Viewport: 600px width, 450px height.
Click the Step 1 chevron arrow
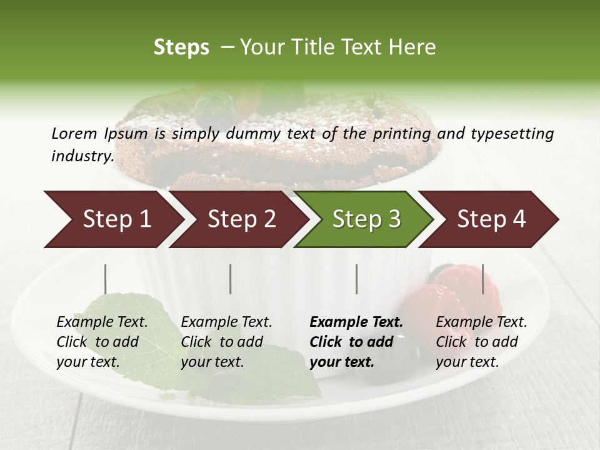coord(112,219)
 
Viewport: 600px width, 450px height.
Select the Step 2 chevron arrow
coord(238,219)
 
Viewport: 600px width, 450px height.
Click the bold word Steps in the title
coord(181,47)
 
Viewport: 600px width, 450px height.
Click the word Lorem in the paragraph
coord(74,134)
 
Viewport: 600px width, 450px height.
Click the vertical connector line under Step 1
coord(106,279)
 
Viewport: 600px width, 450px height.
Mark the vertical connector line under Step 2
coord(231,279)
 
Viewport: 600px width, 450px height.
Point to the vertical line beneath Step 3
coord(357,279)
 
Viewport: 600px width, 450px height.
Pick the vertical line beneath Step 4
coord(482,279)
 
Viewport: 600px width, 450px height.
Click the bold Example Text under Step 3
coord(356,322)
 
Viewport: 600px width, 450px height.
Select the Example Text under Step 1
coord(102,322)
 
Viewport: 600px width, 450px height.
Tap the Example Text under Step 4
coord(481,322)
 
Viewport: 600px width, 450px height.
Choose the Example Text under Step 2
coord(226,322)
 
